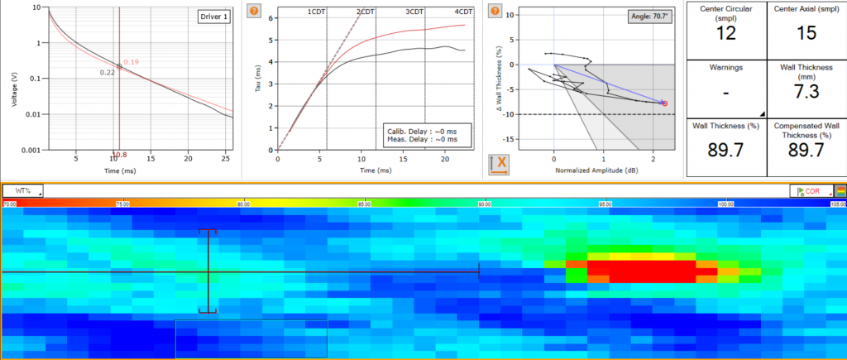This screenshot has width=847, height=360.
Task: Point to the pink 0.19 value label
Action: [131, 62]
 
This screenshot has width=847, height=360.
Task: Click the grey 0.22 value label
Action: [107, 73]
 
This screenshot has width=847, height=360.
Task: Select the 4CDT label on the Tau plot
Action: [464, 12]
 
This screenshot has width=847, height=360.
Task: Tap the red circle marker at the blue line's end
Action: [664, 103]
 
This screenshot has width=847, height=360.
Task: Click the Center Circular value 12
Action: [725, 34]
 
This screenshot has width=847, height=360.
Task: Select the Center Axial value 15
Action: [806, 34]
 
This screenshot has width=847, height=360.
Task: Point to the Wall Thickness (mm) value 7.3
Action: [806, 92]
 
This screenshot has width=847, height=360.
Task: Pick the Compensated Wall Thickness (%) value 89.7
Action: [806, 150]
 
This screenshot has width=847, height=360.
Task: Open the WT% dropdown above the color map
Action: [22, 190]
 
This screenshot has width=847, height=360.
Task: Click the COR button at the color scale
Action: [810, 191]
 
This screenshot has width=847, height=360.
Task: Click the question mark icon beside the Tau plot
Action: [254, 12]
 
